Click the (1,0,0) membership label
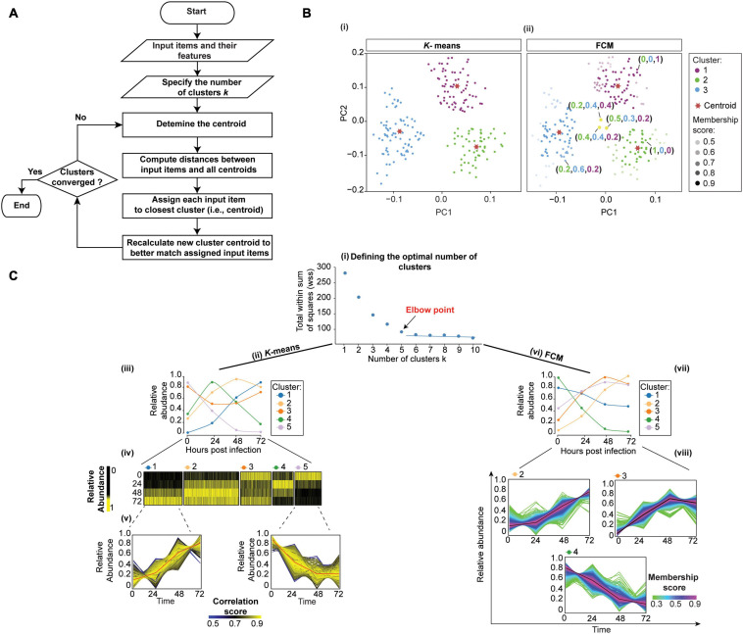[x=665, y=151]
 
